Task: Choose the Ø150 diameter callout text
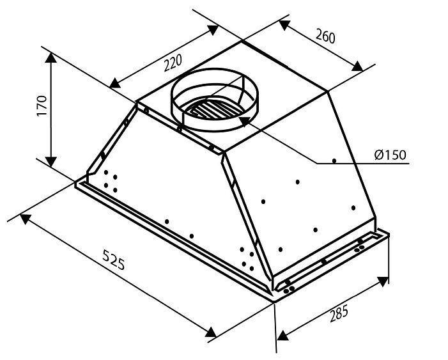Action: pyautogui.click(x=390, y=155)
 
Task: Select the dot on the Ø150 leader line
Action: pyautogui.click(x=334, y=160)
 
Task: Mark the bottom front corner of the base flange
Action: pyautogui.click(x=274, y=299)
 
